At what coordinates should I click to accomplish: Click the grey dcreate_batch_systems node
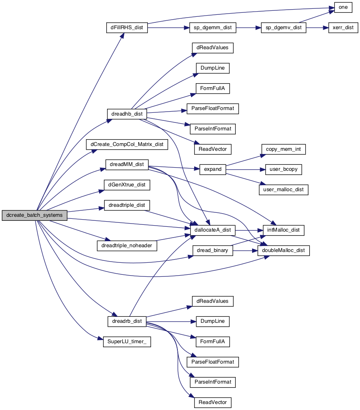pos(34,215)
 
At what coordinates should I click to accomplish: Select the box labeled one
pos(343,7)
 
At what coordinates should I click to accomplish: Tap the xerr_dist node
pos(343,28)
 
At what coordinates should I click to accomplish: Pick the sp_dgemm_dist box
pos(213,28)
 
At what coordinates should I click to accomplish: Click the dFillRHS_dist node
pos(127,28)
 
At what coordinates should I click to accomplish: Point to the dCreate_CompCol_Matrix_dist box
pos(127,144)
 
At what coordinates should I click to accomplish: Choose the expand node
pos(213,170)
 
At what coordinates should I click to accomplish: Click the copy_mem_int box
pos(283,149)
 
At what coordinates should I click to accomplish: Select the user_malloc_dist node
pos(283,190)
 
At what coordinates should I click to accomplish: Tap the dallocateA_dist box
pos(213,230)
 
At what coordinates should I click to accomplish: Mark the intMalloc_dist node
pos(283,230)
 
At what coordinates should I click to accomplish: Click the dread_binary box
pos(213,250)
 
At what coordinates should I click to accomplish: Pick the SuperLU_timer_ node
pos(127,342)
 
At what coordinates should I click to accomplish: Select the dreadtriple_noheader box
pos(127,246)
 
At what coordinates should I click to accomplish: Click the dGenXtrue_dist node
pos(127,185)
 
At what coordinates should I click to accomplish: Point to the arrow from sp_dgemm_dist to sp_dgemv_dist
pos(249,28)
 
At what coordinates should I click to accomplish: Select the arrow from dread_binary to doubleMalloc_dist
pos(245,250)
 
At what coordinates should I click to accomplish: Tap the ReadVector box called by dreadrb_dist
pos(213,402)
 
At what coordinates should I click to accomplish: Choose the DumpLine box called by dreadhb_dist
pos(213,68)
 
